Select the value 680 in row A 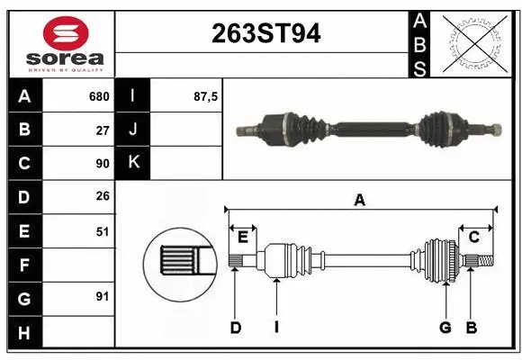click(x=98, y=96)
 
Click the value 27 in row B click(x=102, y=130)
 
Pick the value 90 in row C click(x=102, y=164)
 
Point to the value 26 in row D click(x=102, y=197)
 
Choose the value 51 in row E click(x=102, y=231)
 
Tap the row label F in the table click(x=24, y=265)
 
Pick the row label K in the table click(x=133, y=163)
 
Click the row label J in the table click(x=133, y=130)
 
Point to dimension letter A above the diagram click(x=360, y=200)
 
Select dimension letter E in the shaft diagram click(x=243, y=237)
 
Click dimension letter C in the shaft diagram click(x=473, y=237)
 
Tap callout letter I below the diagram click(x=276, y=328)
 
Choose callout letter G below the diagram click(x=445, y=328)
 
